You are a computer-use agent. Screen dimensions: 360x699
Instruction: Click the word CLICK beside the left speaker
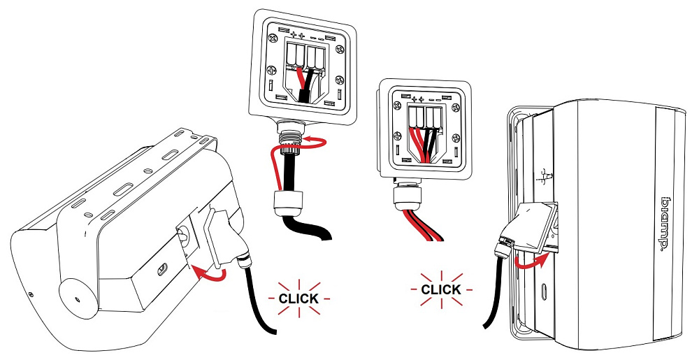pos(298,298)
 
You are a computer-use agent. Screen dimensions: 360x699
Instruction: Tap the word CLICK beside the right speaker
pos(441,289)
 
